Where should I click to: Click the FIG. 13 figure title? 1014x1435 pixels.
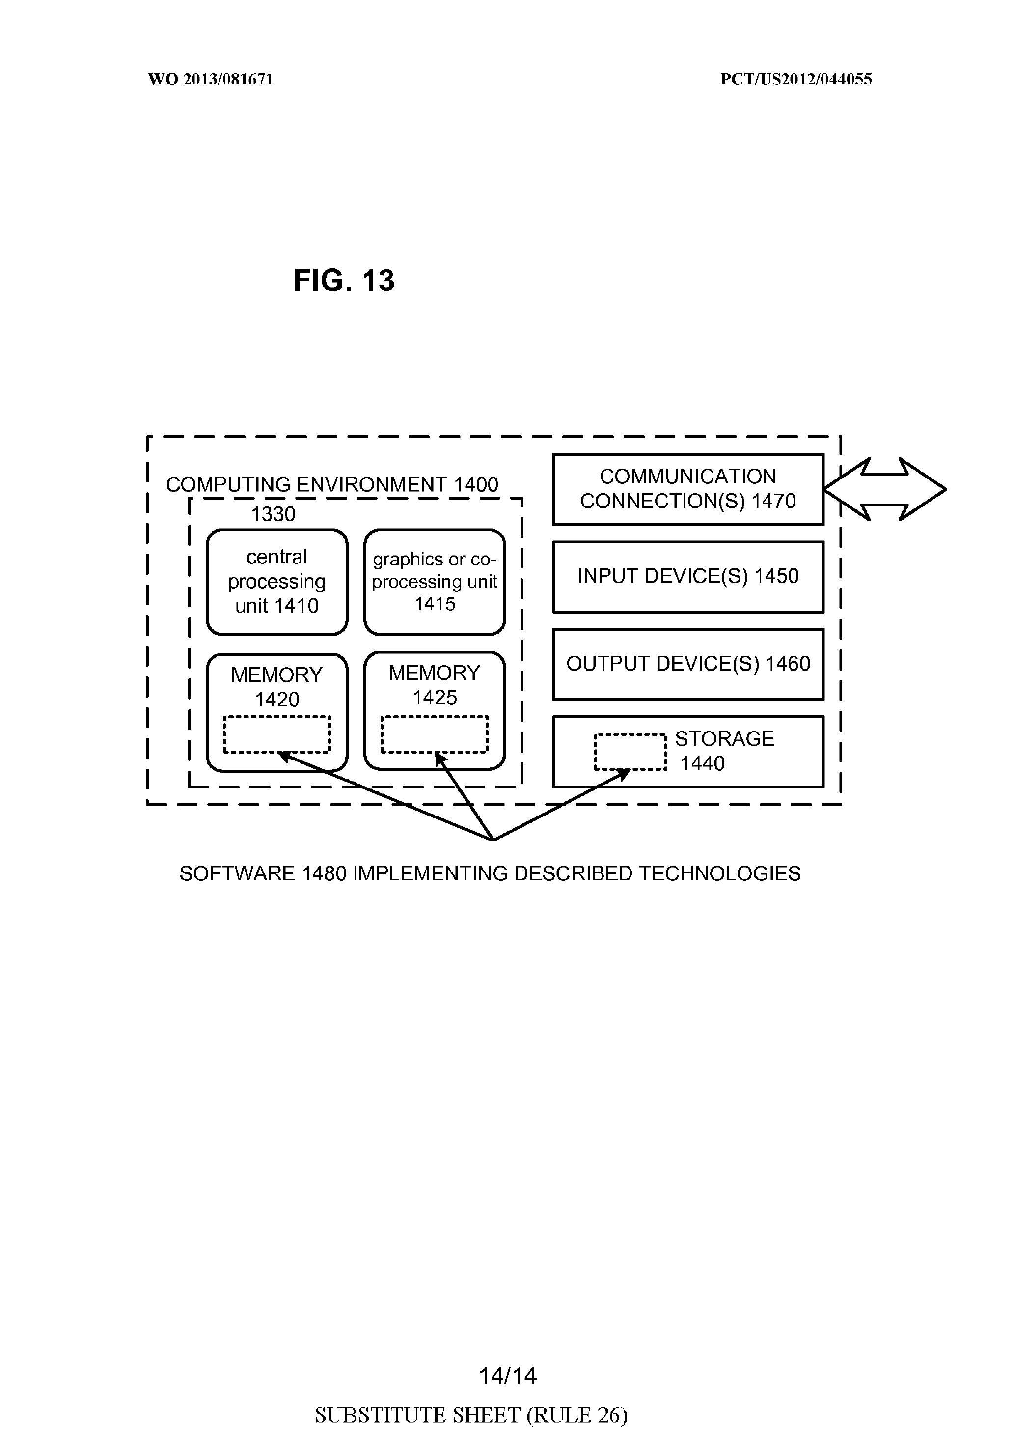(x=344, y=280)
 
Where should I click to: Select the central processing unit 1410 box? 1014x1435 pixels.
(x=277, y=582)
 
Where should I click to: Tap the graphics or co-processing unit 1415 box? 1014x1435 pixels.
(x=434, y=582)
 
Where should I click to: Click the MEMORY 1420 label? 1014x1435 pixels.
(x=277, y=686)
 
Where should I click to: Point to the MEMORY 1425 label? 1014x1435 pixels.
(x=434, y=684)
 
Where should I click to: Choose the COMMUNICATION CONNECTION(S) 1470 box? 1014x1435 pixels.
(x=688, y=489)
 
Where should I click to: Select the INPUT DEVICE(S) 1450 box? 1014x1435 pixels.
(x=688, y=576)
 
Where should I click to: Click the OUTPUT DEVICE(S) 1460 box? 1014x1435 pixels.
(x=688, y=664)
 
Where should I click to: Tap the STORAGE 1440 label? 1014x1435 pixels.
(x=724, y=751)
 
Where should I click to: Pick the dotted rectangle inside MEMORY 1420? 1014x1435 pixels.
(x=277, y=734)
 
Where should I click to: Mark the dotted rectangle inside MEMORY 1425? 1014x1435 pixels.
(x=434, y=734)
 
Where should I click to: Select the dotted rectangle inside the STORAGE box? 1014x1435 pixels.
(x=630, y=751)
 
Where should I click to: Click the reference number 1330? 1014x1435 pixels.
(x=273, y=514)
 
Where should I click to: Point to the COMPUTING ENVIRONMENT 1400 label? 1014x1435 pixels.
(x=332, y=484)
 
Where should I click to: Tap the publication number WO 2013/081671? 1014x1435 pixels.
(x=211, y=80)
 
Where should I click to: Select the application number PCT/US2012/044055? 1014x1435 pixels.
(x=796, y=80)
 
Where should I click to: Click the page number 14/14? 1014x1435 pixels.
(x=507, y=1375)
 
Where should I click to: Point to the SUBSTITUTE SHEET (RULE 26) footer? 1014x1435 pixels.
(x=471, y=1414)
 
